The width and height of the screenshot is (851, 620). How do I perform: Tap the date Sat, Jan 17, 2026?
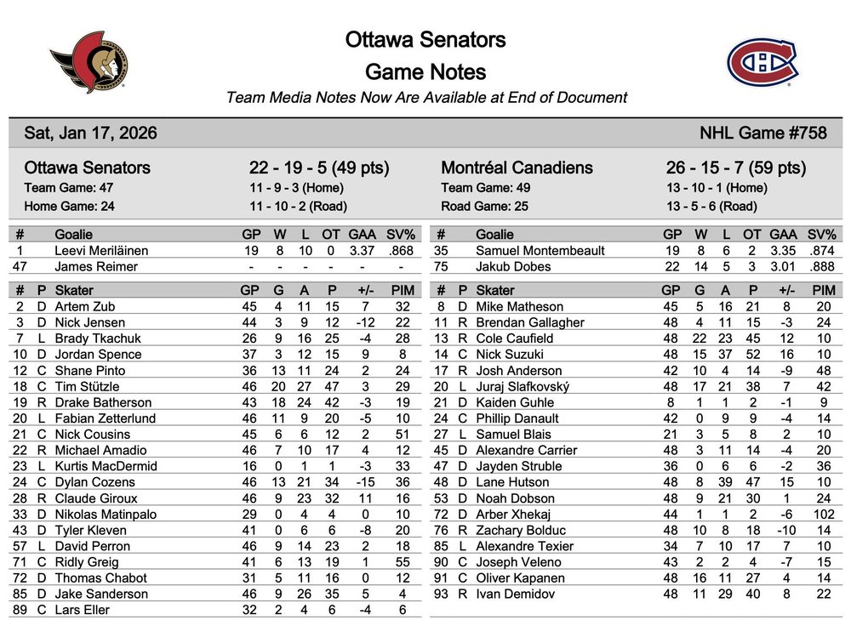90,134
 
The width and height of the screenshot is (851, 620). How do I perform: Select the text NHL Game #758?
762,134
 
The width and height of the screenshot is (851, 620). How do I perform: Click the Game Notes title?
425,71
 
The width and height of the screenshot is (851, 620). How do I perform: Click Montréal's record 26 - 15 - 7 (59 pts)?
735,168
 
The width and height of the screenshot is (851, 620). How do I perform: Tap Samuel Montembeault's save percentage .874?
821,251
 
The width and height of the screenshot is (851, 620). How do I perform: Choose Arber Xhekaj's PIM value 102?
822,515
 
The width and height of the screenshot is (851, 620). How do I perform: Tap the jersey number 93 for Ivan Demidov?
441,594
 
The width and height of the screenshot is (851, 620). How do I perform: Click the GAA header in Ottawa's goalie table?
363,235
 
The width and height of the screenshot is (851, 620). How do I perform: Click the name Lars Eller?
83,610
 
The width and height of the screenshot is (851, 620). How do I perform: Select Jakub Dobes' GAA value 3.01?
783,267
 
